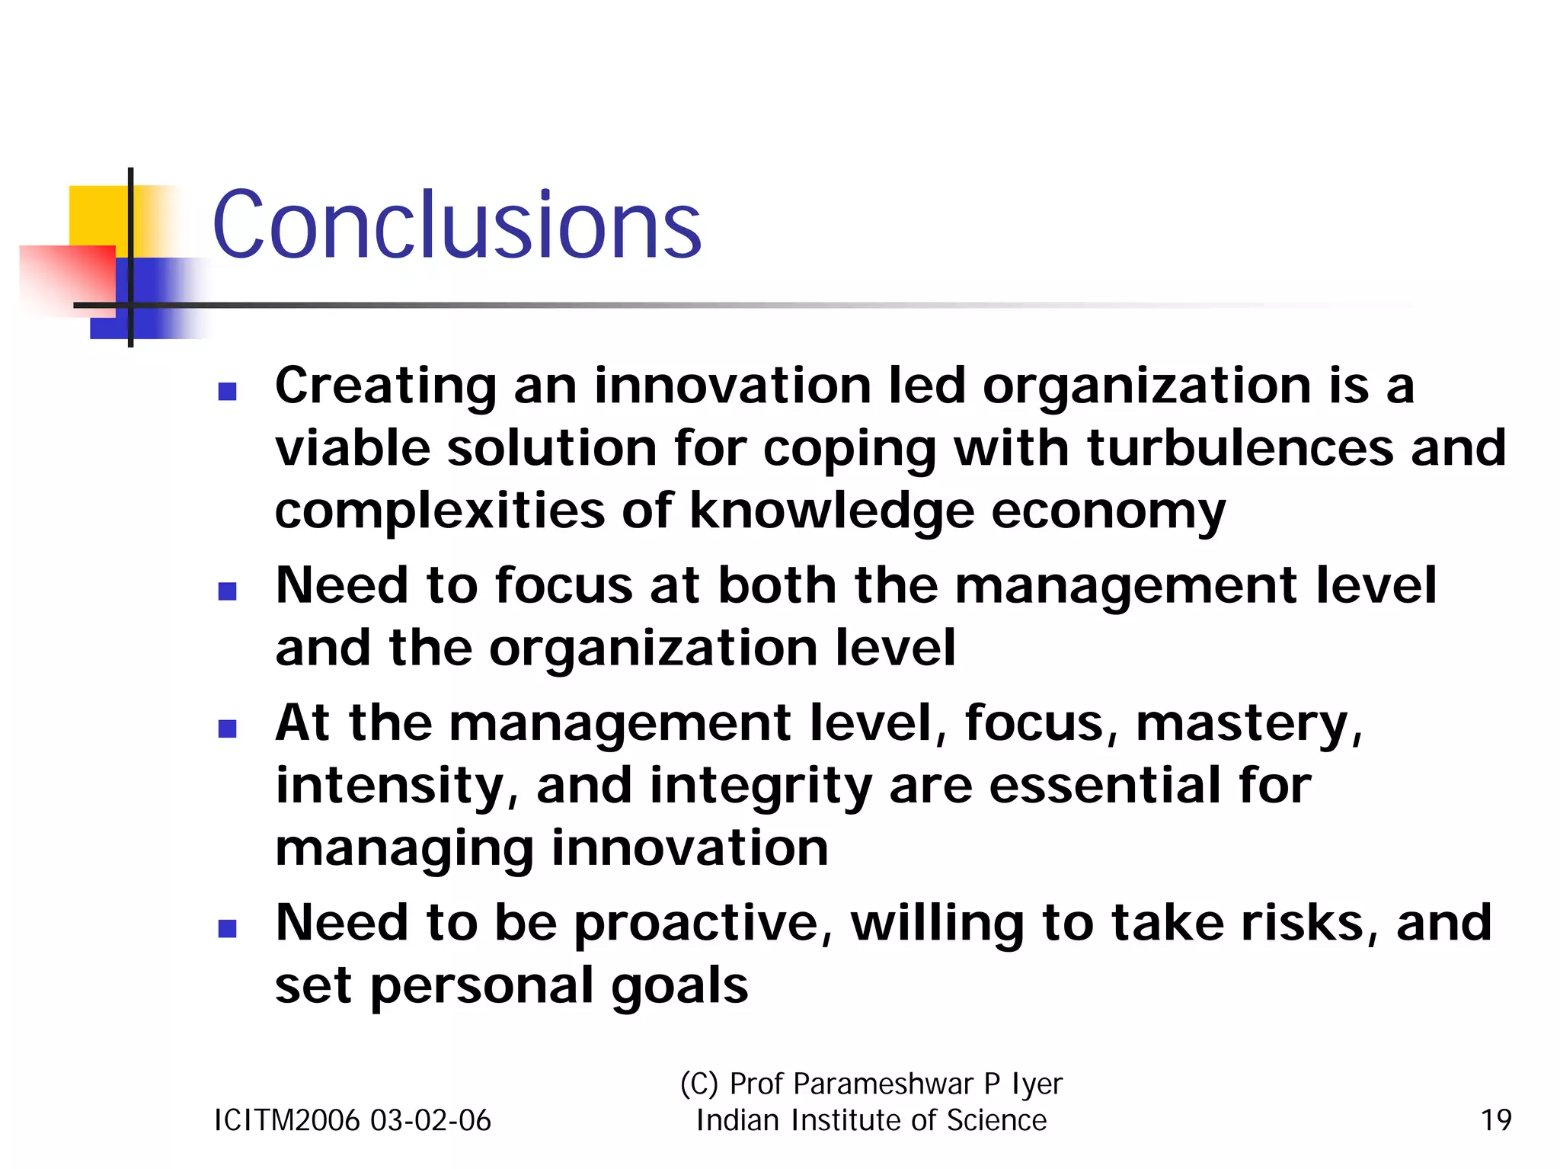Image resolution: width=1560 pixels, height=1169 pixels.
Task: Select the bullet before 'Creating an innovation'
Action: coord(227,392)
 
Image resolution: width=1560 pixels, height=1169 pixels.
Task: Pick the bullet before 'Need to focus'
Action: coord(227,591)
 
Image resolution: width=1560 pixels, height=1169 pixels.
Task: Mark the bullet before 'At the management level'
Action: coord(227,729)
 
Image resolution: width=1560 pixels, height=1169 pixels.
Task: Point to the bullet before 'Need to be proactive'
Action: coord(227,928)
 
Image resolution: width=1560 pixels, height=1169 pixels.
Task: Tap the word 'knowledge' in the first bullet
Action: coord(832,510)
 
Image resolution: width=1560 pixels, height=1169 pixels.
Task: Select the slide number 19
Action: coord(1495,1120)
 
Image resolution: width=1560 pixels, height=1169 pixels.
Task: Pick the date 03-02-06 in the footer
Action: coord(430,1120)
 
